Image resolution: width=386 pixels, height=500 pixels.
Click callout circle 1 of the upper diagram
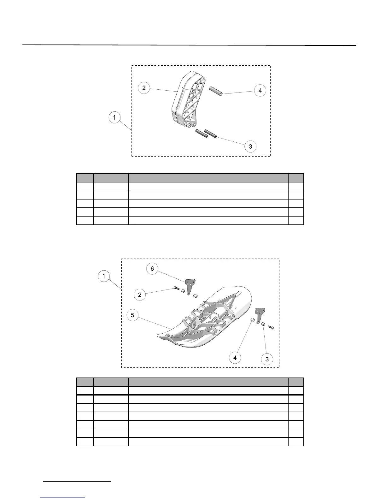tap(114, 117)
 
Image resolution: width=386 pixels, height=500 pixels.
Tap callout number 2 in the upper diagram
tap(144, 88)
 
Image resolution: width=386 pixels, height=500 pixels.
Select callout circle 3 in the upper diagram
tap(250, 146)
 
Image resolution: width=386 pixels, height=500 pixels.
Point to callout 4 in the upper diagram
tap(260, 91)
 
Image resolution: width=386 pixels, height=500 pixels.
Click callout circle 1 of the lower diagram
tap(104, 277)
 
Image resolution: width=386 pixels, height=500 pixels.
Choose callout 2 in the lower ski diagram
tap(140, 295)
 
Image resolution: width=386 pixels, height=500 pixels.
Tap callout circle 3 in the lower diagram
tap(267, 359)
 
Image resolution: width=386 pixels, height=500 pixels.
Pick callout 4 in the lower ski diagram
tap(235, 358)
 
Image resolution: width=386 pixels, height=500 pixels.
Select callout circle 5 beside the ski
tap(132, 315)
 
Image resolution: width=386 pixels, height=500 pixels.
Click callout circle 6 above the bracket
tap(152, 269)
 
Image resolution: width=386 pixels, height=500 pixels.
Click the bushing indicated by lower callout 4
tap(252, 320)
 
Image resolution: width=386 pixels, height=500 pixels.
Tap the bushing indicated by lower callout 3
tap(262, 324)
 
